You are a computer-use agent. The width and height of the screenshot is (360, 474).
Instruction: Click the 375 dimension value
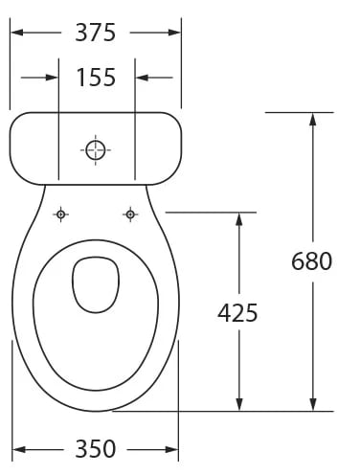click(95, 33)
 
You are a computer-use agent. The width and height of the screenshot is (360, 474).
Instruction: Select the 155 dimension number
click(96, 78)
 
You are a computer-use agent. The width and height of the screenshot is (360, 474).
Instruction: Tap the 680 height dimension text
click(311, 261)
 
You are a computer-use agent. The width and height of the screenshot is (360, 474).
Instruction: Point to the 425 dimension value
click(237, 312)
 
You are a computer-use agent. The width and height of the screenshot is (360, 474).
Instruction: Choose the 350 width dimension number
click(95, 449)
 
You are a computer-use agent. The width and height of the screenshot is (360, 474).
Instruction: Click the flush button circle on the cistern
click(96, 150)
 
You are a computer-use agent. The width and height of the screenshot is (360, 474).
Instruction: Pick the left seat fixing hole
click(60, 214)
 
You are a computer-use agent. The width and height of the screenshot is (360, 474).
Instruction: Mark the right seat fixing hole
click(130, 214)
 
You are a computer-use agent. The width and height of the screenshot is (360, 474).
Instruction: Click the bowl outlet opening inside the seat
click(96, 284)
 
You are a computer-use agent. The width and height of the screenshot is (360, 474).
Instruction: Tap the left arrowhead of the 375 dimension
click(17, 33)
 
